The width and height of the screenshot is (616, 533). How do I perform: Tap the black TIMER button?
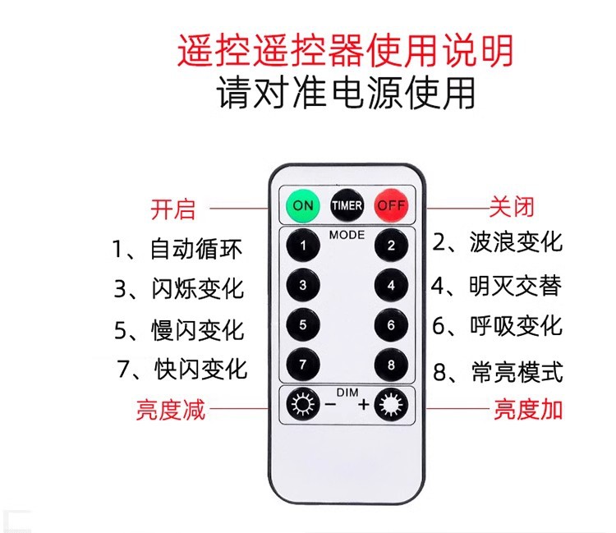[x=347, y=205]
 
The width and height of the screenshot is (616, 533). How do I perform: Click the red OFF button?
[x=392, y=205]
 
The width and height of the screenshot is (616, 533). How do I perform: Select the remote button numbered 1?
[x=303, y=245]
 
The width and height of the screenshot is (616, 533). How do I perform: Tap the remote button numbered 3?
[x=303, y=285]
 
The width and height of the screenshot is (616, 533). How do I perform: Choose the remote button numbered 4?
[x=392, y=285]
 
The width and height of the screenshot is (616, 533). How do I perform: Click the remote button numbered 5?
[x=303, y=324]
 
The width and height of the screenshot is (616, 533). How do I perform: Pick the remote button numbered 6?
[x=392, y=324]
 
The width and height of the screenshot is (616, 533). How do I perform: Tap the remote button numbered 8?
[x=392, y=364]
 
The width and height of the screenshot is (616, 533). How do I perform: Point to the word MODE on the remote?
[x=347, y=234]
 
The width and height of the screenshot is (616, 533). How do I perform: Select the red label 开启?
[x=173, y=209]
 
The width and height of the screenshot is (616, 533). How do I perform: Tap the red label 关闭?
[x=512, y=206]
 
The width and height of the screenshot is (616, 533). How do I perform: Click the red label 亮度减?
[x=171, y=409]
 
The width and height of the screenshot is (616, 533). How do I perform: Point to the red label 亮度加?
[x=528, y=409]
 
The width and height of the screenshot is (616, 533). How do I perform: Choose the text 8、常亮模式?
[x=498, y=371]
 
